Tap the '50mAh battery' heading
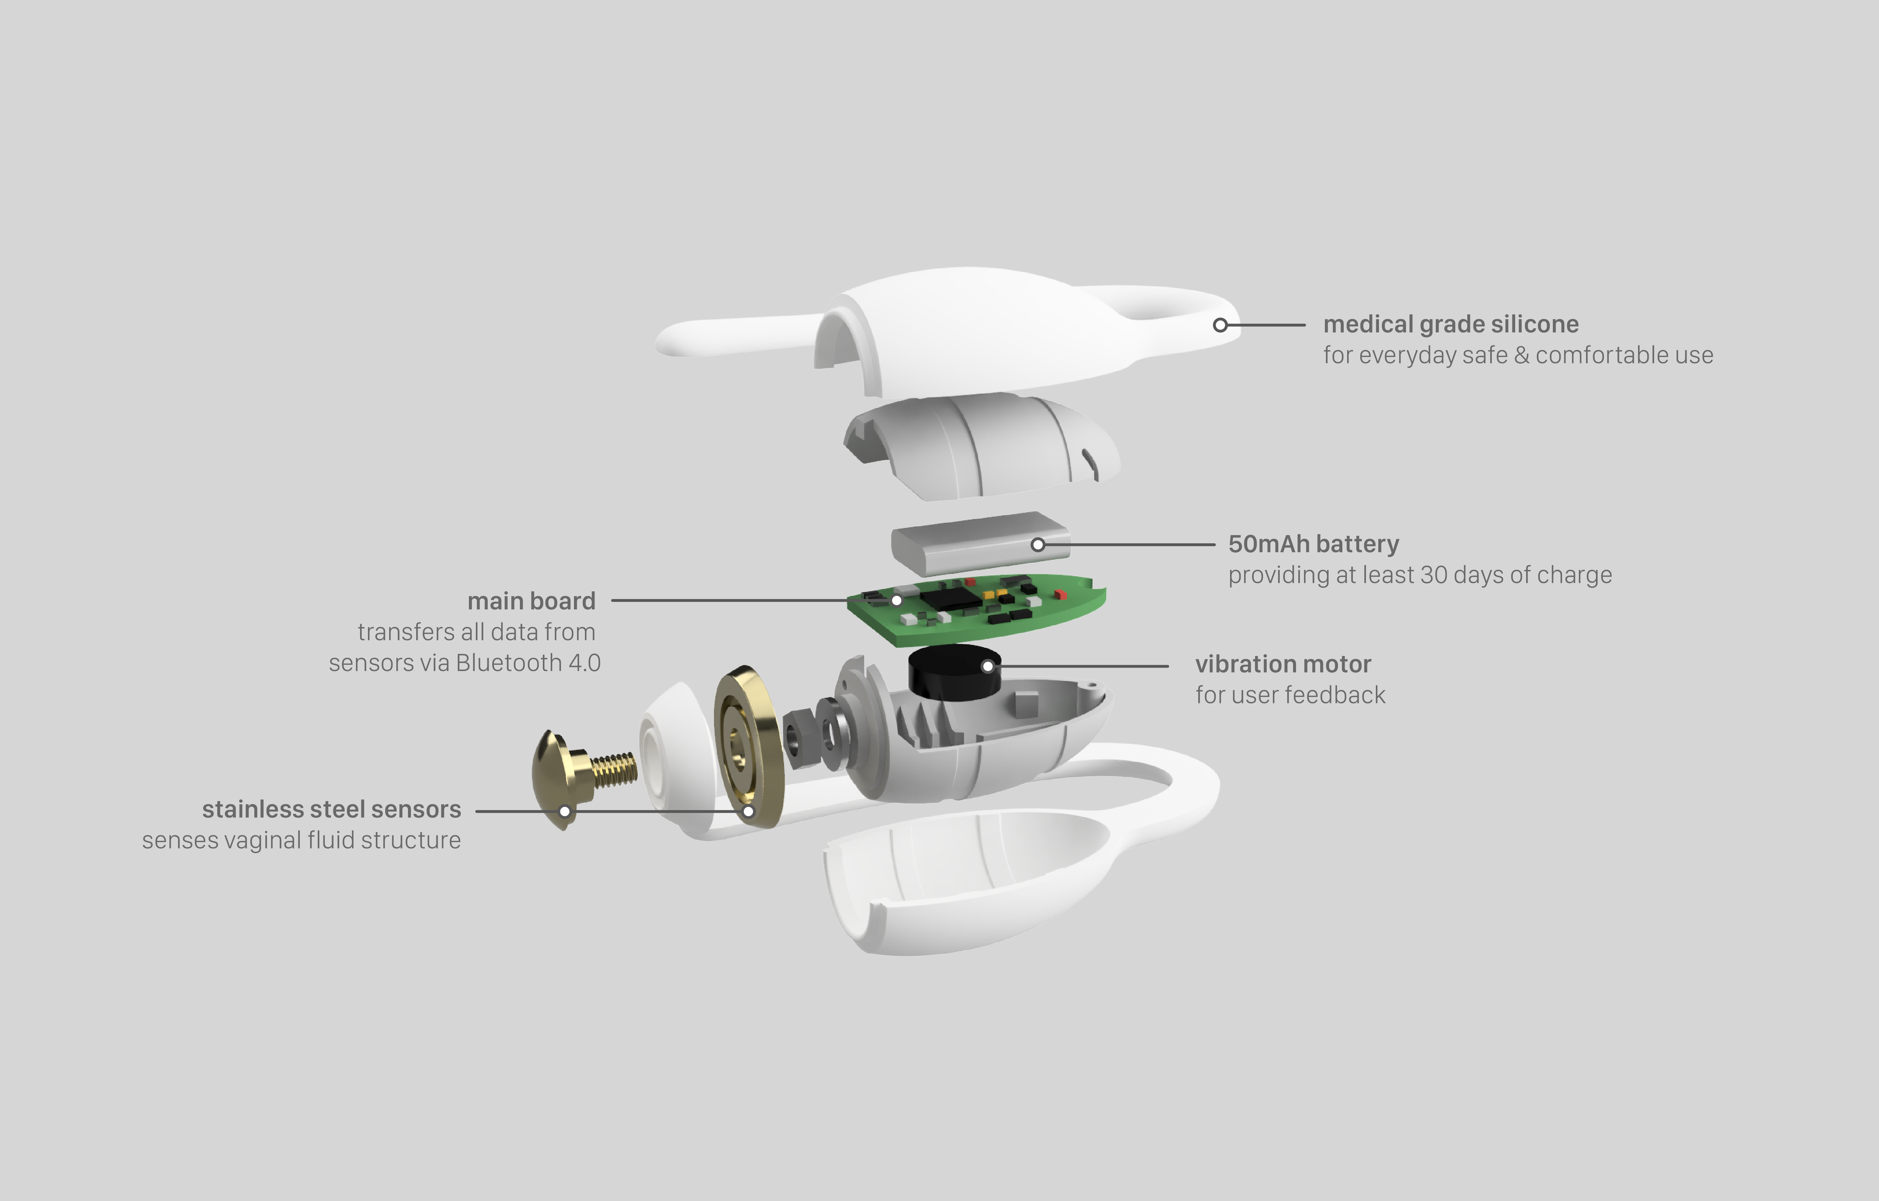(x=1313, y=544)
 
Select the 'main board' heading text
(x=532, y=601)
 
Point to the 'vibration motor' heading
(x=1283, y=664)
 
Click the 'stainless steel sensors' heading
(x=332, y=809)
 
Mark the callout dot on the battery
(x=1038, y=545)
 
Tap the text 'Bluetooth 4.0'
(x=528, y=662)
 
